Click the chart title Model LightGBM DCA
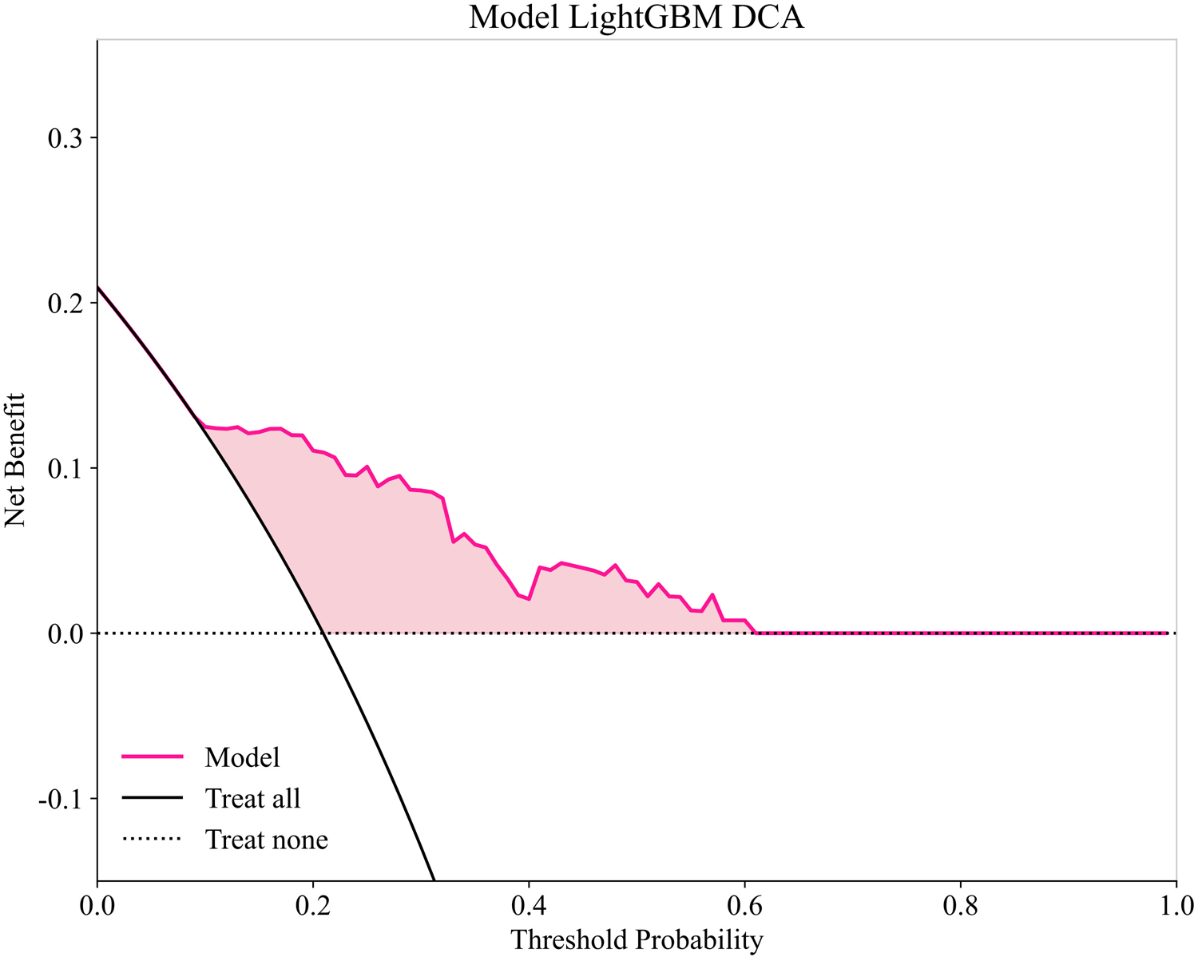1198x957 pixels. (636, 18)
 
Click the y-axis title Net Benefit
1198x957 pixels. (15, 459)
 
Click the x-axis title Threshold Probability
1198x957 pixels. (636, 939)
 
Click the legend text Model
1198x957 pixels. (242, 756)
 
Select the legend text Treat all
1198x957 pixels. (252, 798)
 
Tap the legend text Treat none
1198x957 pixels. (266, 840)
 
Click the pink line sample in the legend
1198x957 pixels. (152, 756)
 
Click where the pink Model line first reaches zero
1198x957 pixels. (756, 633)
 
